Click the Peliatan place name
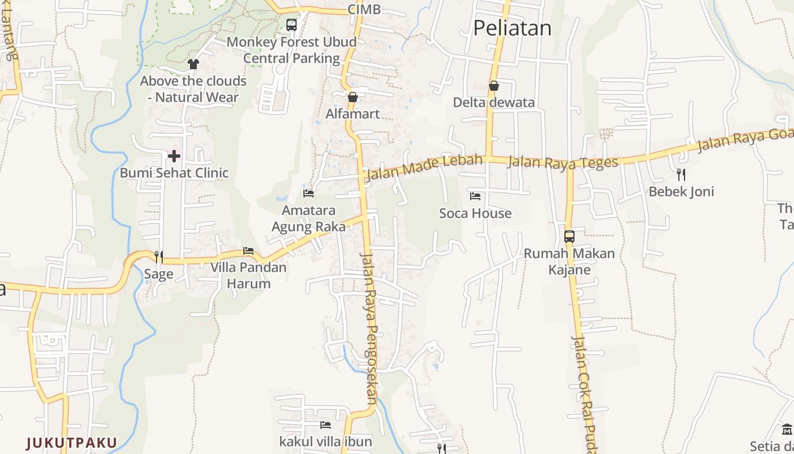(x=512, y=28)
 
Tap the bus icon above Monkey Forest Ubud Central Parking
(x=292, y=25)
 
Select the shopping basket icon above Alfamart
(x=353, y=97)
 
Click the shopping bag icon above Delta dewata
(x=494, y=86)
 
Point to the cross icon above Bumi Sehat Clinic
(x=174, y=155)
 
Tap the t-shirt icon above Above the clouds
(x=193, y=64)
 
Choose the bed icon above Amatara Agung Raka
(x=309, y=194)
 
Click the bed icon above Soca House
(x=475, y=196)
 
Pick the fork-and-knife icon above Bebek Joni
(x=681, y=174)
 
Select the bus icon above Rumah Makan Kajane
(x=569, y=236)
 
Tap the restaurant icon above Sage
(x=158, y=257)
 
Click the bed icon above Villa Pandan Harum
(x=248, y=251)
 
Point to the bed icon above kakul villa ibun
(x=326, y=424)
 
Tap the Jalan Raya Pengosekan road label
(x=370, y=327)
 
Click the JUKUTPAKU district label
(x=71, y=443)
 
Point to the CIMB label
(x=364, y=9)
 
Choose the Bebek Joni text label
(x=681, y=192)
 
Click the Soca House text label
(x=475, y=213)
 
